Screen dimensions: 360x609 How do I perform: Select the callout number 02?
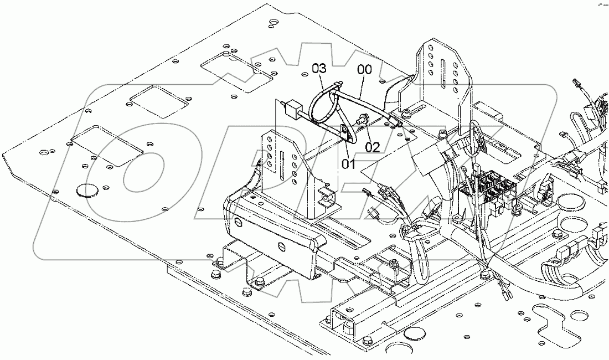click(x=372, y=147)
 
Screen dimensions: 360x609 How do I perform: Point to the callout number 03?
click(x=319, y=69)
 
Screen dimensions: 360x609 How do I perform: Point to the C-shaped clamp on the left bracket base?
click(x=328, y=196)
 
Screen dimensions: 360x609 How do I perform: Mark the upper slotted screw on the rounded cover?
click(x=239, y=223)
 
